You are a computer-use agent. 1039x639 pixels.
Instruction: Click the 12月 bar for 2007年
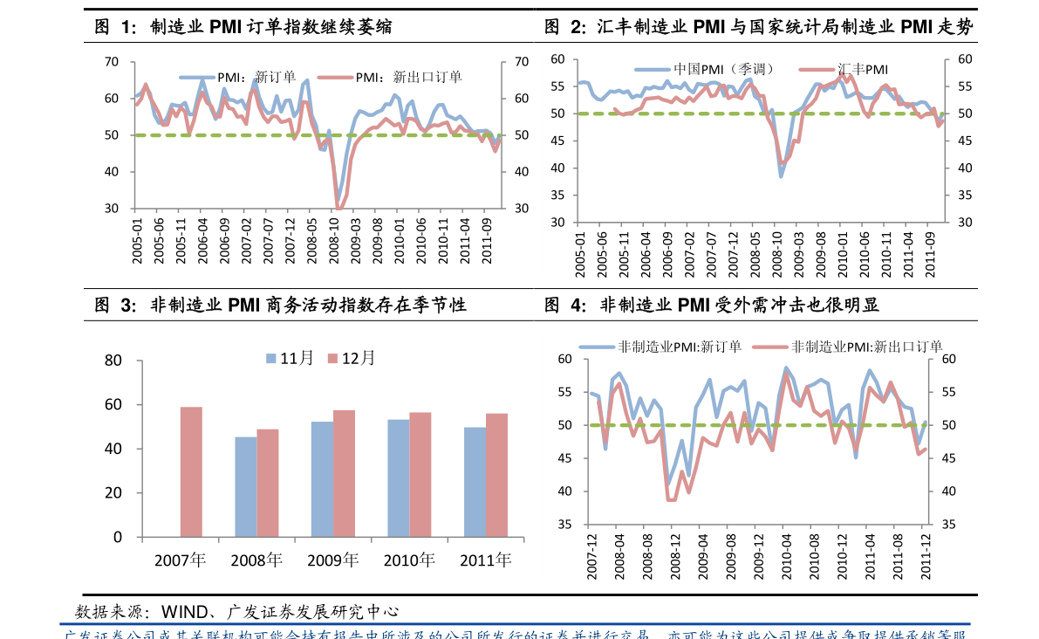(191, 471)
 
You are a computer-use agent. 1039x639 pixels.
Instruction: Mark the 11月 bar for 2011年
(475, 482)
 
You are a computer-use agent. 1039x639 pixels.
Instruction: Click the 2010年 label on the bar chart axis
(409, 560)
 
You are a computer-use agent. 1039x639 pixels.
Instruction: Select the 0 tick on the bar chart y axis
(117, 537)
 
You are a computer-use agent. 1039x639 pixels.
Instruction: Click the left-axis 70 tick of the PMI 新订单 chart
(111, 61)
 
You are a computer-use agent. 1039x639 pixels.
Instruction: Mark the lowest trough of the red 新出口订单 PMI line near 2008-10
(338, 208)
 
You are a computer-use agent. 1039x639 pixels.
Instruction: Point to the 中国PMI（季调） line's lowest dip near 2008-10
(781, 176)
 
